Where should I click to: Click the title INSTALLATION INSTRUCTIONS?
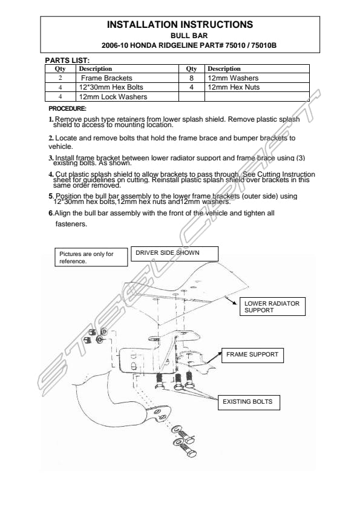coord(180,25)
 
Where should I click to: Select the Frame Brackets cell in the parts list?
coord(127,78)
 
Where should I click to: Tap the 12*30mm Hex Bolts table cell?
coord(127,87)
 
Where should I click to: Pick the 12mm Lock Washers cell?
coord(127,97)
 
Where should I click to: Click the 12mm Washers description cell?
coord(257,78)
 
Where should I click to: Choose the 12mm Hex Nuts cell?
coord(257,87)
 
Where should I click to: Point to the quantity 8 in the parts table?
coord(192,78)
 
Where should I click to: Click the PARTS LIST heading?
coord(67,61)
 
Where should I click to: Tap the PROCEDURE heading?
coord(68,108)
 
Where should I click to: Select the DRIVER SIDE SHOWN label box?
coord(175,254)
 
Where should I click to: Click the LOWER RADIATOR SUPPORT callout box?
coord(272,306)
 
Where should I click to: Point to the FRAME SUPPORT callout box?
coord(252,355)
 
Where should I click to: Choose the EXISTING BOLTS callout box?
coord(249,402)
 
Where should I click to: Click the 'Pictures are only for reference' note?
coord(91,257)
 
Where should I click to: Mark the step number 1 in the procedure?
coord(51,119)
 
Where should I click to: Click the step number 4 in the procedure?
coord(51,175)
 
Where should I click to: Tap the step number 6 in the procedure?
coord(51,213)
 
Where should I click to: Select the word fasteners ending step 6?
coord(71,224)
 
